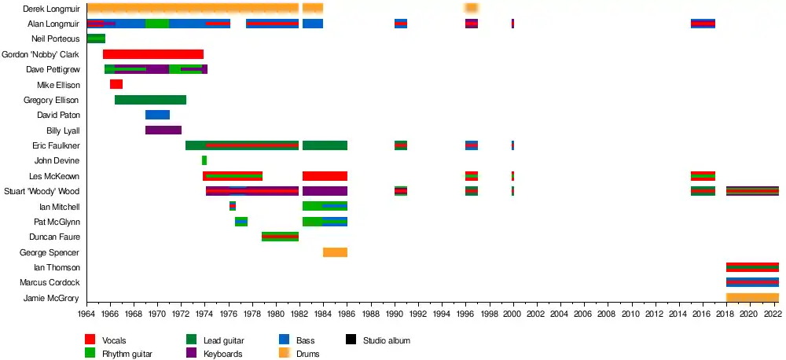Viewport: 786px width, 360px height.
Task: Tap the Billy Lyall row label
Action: coord(63,130)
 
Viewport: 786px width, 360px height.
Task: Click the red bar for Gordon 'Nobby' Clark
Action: coord(153,54)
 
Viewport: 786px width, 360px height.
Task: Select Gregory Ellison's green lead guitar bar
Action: coord(150,100)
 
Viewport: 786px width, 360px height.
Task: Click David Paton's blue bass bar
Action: coord(157,115)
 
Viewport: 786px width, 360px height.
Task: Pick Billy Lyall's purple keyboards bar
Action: coord(163,130)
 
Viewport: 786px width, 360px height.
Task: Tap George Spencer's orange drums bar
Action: coord(335,252)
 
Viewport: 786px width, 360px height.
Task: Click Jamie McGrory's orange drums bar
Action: coord(752,298)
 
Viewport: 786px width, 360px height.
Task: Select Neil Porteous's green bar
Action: coord(96,39)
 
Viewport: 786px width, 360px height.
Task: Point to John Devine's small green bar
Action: coord(204,160)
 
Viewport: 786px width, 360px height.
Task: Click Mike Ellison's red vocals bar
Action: coord(116,84)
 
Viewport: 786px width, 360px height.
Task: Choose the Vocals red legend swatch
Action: coord(90,340)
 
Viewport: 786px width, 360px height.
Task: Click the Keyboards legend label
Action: coord(226,354)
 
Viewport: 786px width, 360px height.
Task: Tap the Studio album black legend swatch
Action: coord(351,340)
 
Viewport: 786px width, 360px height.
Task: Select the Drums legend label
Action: coord(308,354)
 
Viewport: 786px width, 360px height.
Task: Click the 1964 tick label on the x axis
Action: coord(86,314)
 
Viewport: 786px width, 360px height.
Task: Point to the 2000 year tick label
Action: coord(512,314)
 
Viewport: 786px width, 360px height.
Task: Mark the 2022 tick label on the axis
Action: coord(773,314)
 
